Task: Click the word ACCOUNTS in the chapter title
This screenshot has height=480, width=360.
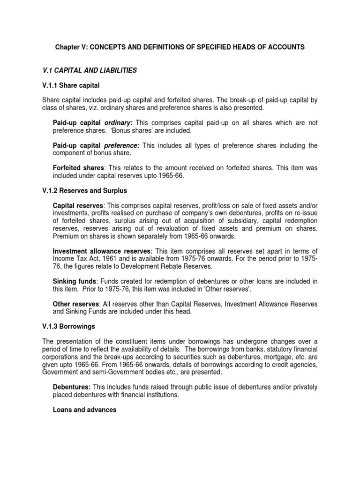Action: click(286, 47)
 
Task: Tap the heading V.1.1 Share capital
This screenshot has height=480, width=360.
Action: click(71, 86)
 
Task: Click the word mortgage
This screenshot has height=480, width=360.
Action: click(277, 357)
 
